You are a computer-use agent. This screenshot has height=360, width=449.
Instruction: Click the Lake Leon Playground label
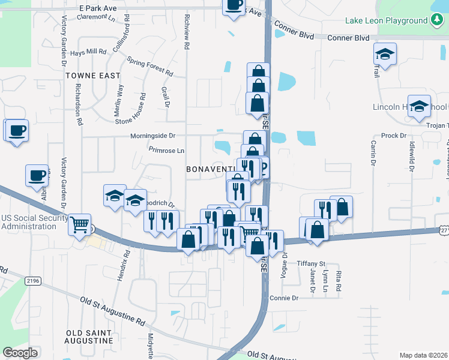pos(385,21)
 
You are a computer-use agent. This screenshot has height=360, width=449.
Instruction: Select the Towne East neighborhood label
pos(93,76)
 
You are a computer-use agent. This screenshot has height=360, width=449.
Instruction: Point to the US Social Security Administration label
pos(32,221)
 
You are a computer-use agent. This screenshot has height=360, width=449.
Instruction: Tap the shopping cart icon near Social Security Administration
pos(79,225)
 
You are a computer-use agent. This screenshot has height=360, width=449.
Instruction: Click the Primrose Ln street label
pos(166,150)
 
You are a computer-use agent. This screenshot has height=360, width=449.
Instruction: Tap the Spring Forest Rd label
pos(150,66)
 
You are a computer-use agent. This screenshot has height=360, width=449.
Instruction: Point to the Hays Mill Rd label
pos(88,52)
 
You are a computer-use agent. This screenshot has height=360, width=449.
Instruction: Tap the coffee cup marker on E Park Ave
pos(234,6)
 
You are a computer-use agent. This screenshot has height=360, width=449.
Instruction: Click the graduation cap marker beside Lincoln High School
pos(419,106)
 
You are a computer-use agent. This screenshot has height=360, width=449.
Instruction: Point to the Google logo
pos(20,353)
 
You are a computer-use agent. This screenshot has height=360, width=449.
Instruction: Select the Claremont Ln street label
pos(97,17)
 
